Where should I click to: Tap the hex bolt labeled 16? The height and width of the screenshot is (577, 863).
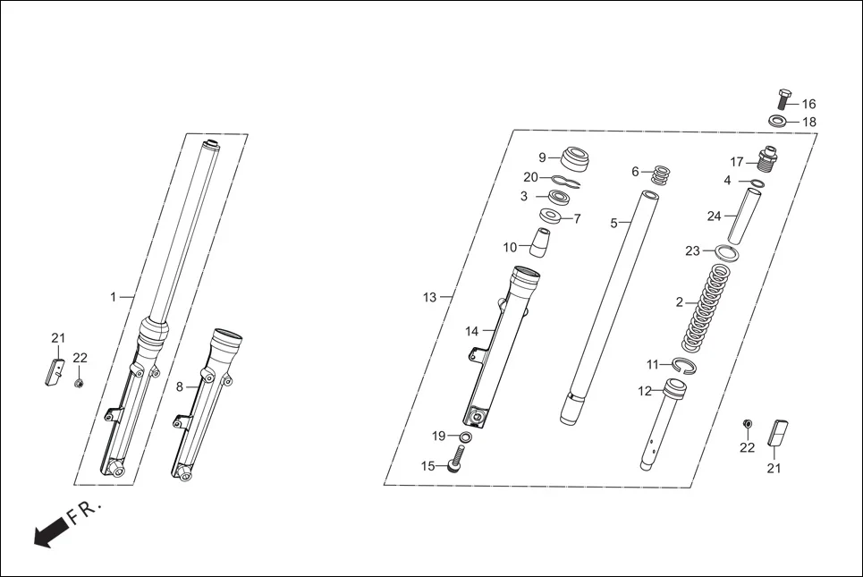pyautogui.click(x=784, y=101)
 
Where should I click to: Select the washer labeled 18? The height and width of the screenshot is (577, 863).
pyautogui.click(x=778, y=121)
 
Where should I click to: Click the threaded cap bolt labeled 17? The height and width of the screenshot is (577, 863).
pyautogui.click(x=766, y=160)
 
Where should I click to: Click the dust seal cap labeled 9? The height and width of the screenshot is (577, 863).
pyautogui.click(x=577, y=158)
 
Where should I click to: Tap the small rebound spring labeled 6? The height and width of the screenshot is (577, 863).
pyautogui.click(x=660, y=174)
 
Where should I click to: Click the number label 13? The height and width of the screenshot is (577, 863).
pyautogui.click(x=430, y=297)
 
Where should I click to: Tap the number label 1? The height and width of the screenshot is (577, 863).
pyautogui.click(x=114, y=297)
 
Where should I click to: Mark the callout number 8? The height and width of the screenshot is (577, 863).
pyautogui.click(x=179, y=386)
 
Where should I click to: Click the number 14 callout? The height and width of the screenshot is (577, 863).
pyautogui.click(x=472, y=331)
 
